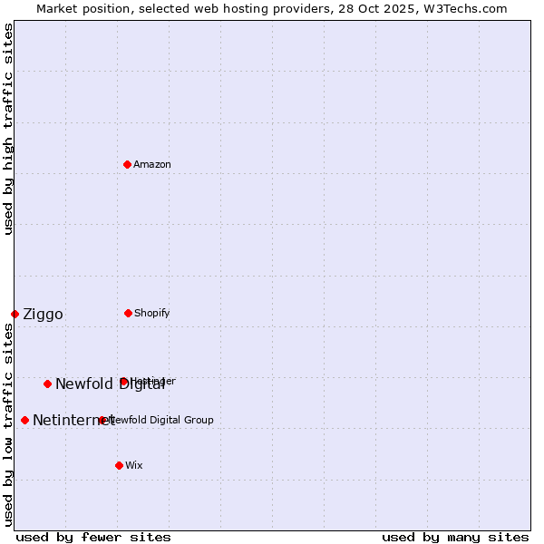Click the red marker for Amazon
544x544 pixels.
coord(128,164)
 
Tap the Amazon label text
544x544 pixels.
coord(152,165)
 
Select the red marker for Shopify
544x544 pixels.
coord(128,313)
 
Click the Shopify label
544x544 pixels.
coord(152,314)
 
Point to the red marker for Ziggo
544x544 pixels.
coord(15,314)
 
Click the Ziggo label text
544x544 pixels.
coord(43,315)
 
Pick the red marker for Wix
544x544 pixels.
coord(119,465)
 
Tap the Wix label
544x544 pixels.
coord(134,466)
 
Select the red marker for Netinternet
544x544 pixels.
coord(24,420)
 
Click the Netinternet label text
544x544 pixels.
coord(73,421)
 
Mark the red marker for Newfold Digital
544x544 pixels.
coord(47,384)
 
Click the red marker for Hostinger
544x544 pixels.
coord(123,382)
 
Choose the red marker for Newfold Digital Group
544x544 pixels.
coord(102,420)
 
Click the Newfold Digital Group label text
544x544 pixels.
coord(161,421)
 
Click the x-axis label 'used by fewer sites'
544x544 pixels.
coord(93,537)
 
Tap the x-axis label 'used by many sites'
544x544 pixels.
coord(455,537)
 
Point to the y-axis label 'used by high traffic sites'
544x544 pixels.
coord(9,129)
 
